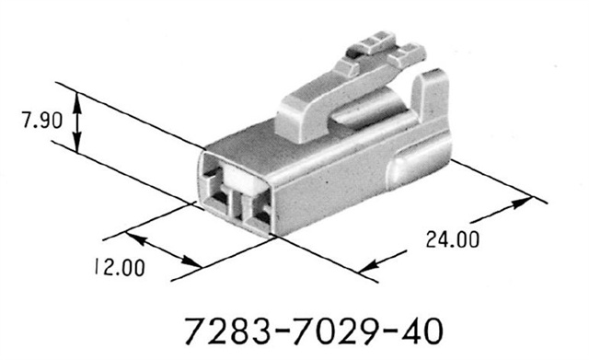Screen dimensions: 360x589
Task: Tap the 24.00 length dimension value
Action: [x=452, y=240]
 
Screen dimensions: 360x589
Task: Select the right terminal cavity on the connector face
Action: [x=257, y=214]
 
